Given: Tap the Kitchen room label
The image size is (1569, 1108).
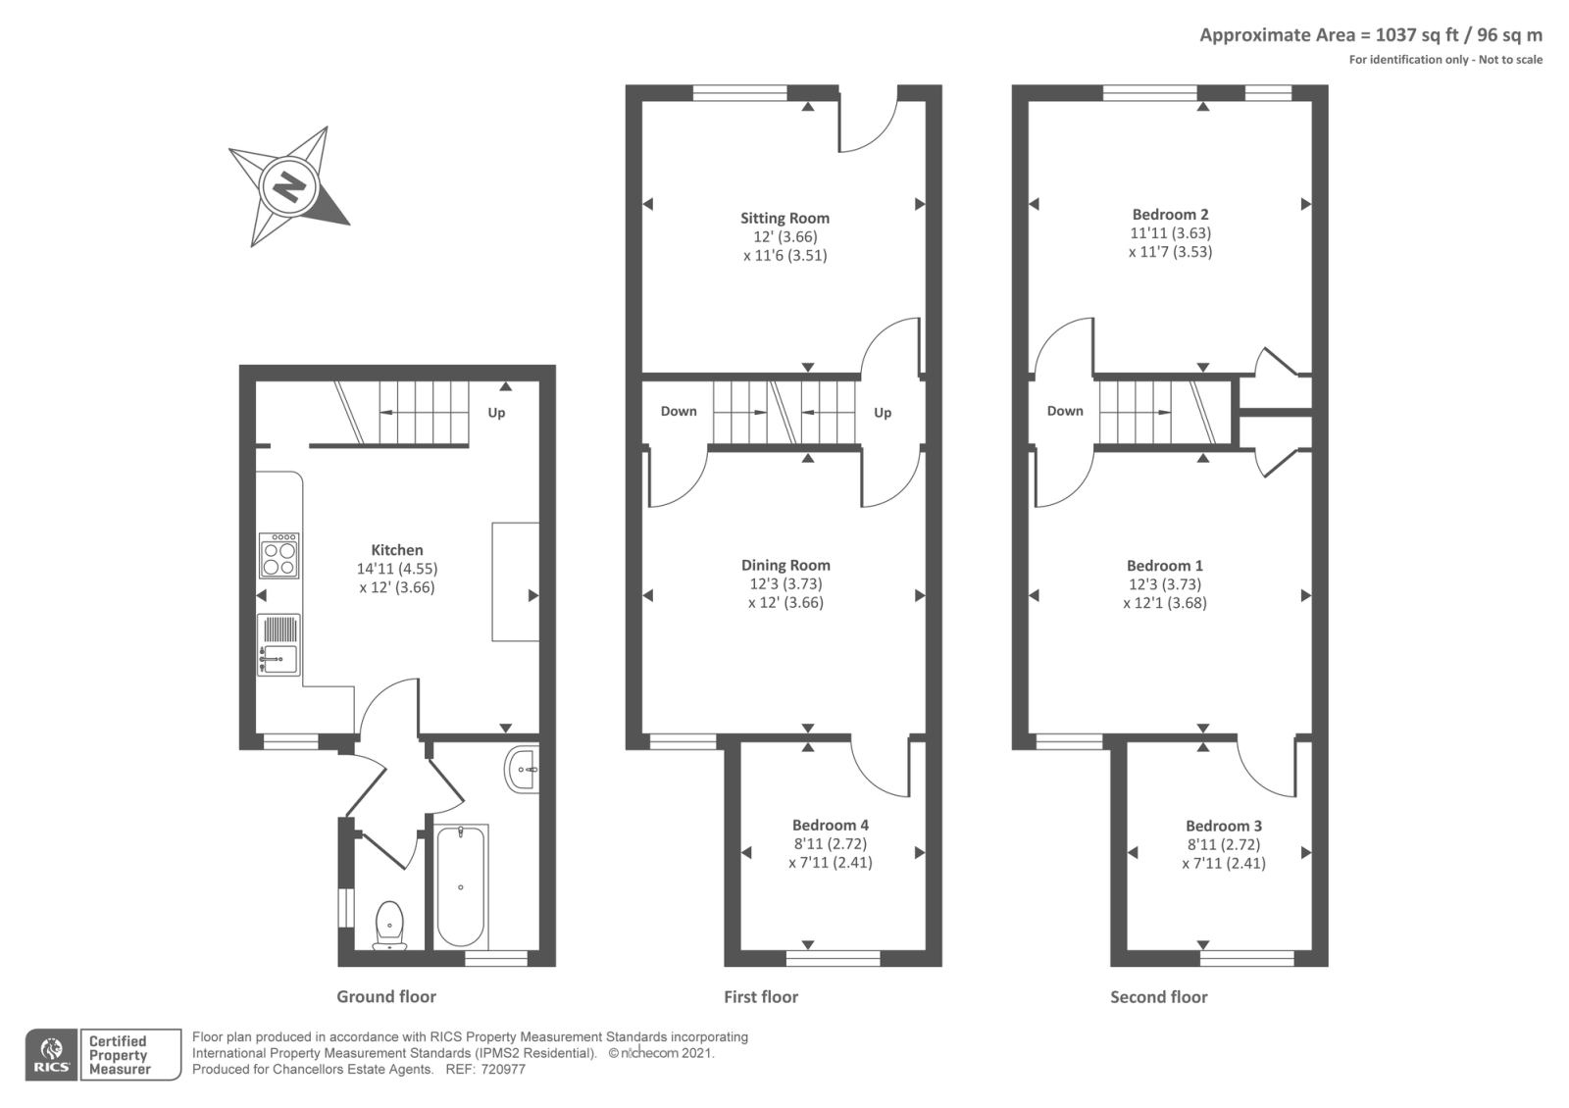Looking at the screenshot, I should click(x=397, y=550).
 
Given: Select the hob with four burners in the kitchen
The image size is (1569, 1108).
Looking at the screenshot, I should click(x=279, y=556).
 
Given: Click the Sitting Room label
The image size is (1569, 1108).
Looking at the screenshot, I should click(x=784, y=218).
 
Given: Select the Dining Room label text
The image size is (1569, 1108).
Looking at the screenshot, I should click(x=785, y=565).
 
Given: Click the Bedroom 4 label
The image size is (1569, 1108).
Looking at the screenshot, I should click(x=830, y=825).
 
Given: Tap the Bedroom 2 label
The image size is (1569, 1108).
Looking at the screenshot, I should click(x=1170, y=214).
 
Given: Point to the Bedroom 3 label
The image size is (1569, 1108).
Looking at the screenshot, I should click(x=1223, y=826).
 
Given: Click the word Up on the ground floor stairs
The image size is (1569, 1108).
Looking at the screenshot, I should click(x=496, y=413).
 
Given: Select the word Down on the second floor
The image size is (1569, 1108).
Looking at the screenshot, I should click(x=1064, y=411).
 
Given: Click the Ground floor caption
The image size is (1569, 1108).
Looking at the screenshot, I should click(x=386, y=996).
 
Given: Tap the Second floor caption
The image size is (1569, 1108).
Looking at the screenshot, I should click(x=1158, y=996).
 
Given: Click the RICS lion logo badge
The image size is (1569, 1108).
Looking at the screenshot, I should click(x=51, y=1054).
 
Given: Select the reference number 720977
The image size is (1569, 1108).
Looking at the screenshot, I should click(x=503, y=1069).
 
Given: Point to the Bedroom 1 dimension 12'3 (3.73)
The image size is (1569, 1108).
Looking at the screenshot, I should click(x=1164, y=584).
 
